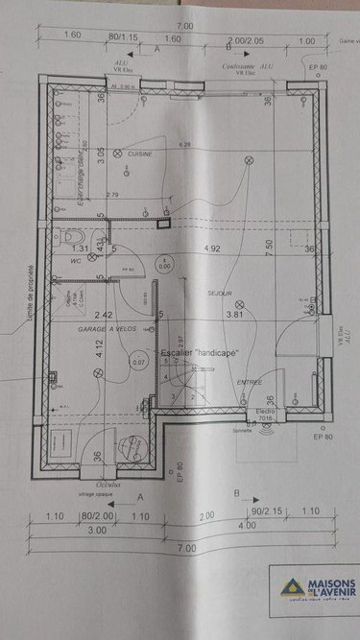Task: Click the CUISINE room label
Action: click(x=141, y=154)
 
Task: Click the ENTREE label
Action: click(x=250, y=382)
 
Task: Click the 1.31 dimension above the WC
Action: click(x=81, y=249)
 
